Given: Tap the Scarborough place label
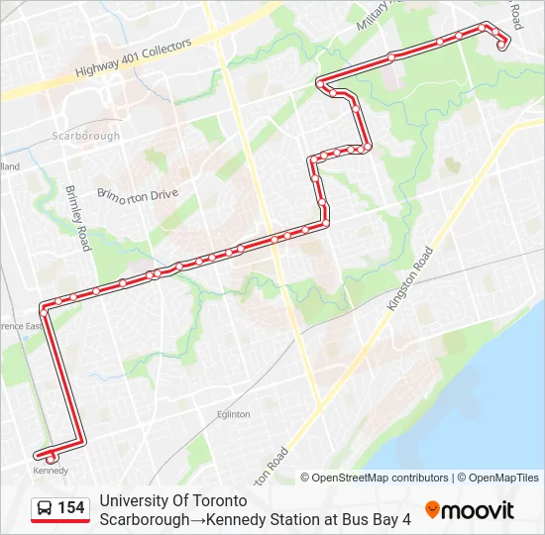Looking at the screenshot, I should coord(86,137).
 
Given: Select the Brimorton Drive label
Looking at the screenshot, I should coord(138,195).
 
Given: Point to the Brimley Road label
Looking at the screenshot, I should coord(77,217).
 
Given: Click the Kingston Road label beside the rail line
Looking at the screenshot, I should coord(411,280).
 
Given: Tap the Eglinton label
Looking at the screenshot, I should coord(232,414).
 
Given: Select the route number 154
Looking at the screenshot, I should coord(71,508).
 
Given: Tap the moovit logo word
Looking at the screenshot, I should coord(479,510).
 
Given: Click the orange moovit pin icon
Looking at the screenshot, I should coord(432,509).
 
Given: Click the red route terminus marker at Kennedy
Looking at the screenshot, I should coord(50,457).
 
